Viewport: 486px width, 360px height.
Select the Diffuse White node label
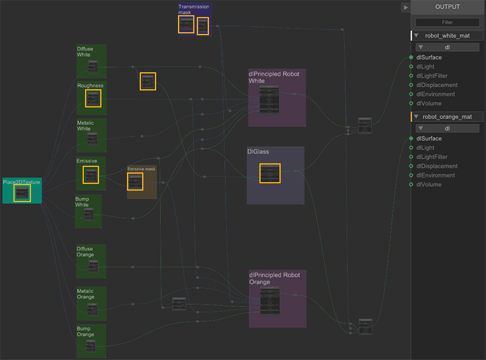point(84,51)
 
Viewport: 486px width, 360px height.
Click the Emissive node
point(91,175)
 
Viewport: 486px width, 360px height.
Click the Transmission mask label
point(194,9)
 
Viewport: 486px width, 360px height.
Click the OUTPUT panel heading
point(448,7)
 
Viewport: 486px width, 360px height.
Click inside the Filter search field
point(448,22)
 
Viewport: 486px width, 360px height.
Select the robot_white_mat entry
point(447,36)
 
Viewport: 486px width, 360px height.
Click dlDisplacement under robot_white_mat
point(437,85)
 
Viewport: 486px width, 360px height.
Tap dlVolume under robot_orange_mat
point(428,185)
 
